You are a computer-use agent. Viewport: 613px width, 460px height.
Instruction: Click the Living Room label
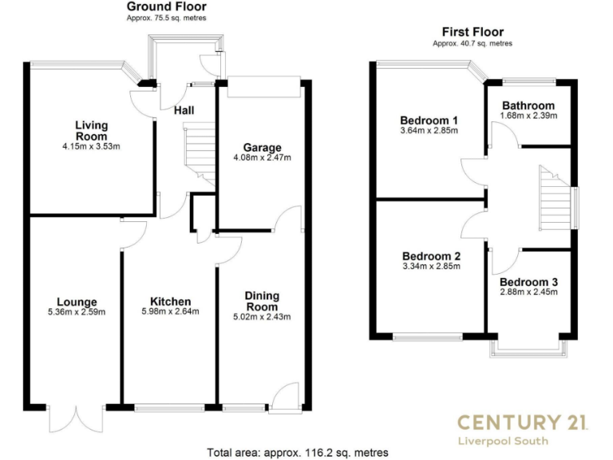(91, 130)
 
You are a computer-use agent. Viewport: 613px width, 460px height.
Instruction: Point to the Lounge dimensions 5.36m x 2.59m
(77, 312)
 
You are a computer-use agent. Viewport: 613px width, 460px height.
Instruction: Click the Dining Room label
(262, 301)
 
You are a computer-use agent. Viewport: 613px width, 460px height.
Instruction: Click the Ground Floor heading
(166, 6)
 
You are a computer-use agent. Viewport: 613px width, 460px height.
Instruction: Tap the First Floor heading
(473, 32)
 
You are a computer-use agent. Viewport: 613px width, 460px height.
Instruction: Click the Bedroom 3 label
(528, 282)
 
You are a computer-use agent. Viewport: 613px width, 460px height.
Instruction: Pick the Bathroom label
(528, 105)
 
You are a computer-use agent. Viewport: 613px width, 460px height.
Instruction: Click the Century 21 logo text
(522, 422)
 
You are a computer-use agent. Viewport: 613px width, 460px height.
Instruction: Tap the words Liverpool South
(522, 441)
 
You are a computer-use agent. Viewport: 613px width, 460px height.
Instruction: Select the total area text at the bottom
(299, 452)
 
